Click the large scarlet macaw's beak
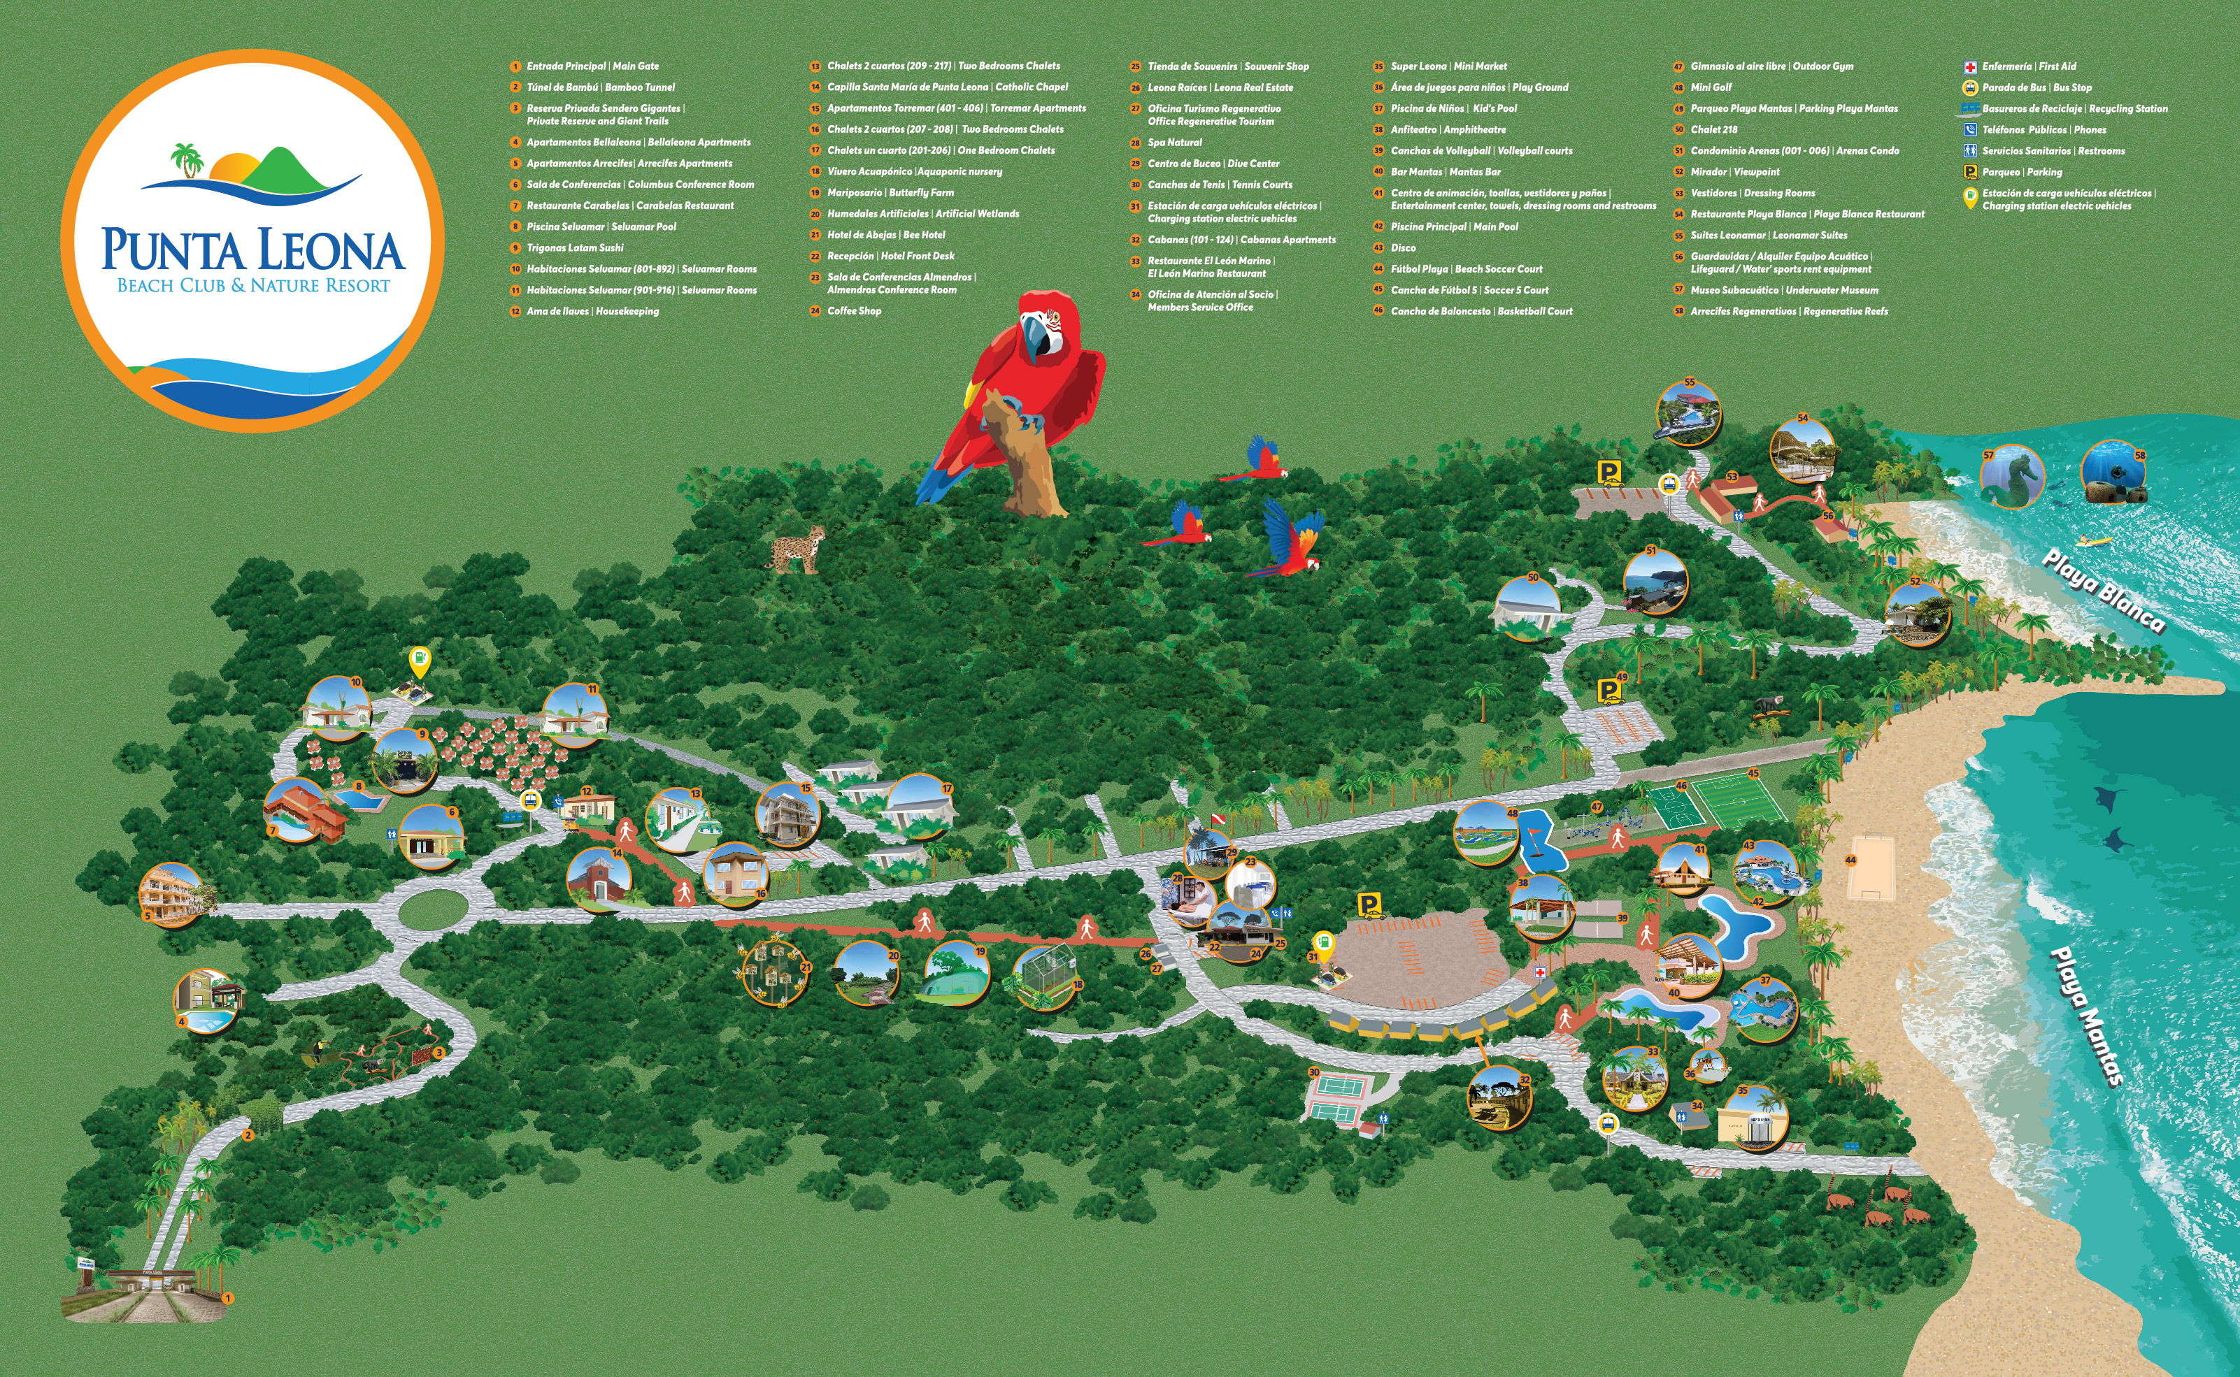[1035, 339]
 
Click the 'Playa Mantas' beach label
[2087, 1016]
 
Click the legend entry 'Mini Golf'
[1711, 87]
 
